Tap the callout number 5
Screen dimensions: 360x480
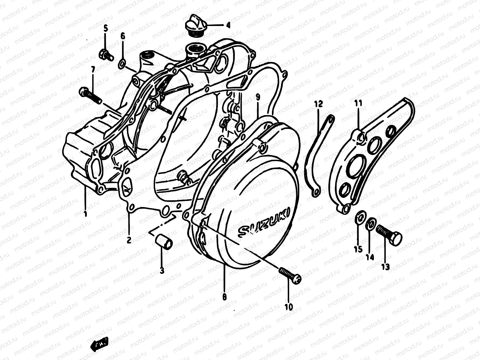105,28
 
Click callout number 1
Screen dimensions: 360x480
85,213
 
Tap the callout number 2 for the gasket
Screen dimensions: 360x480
129,240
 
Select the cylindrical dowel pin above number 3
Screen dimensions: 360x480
163,241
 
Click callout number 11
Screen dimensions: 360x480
358,103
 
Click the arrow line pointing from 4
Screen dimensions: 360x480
214,25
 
